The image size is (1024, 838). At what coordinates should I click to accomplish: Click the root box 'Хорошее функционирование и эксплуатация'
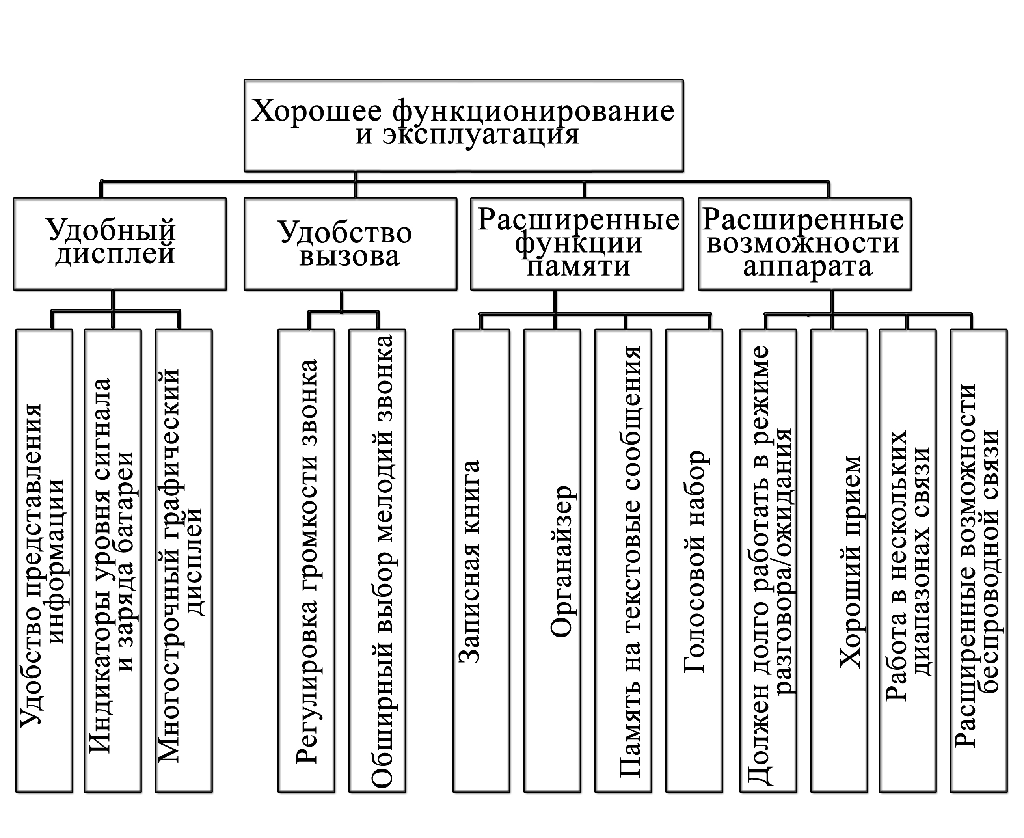click(x=463, y=125)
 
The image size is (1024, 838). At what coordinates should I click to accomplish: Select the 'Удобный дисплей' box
click(x=120, y=244)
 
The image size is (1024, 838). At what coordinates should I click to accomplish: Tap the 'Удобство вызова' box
click(x=350, y=244)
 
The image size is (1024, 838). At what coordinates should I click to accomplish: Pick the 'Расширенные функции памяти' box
click(x=577, y=244)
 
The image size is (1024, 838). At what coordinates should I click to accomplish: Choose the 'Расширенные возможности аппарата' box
click(x=804, y=244)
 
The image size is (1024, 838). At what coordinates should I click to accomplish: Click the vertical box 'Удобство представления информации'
click(x=45, y=560)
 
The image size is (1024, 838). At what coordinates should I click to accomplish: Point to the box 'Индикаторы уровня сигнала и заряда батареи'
click(x=113, y=560)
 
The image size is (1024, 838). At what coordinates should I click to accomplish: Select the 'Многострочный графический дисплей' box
click(x=184, y=560)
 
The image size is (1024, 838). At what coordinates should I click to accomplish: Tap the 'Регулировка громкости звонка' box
click(x=306, y=560)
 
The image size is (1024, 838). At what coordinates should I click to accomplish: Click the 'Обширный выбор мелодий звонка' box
click(x=377, y=560)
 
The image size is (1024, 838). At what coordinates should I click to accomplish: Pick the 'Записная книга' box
click(x=481, y=560)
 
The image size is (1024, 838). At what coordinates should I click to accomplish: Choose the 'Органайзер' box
click(x=552, y=560)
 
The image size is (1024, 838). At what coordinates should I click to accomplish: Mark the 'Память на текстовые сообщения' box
click(x=623, y=560)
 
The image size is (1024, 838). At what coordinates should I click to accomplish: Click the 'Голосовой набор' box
click(x=694, y=560)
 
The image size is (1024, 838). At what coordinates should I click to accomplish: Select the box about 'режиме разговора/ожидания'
click(x=768, y=560)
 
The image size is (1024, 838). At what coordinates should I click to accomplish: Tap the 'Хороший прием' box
click(x=839, y=560)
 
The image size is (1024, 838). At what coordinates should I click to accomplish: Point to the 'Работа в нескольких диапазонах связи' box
click(x=908, y=560)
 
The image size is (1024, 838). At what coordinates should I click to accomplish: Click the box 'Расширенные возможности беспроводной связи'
click(x=979, y=560)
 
